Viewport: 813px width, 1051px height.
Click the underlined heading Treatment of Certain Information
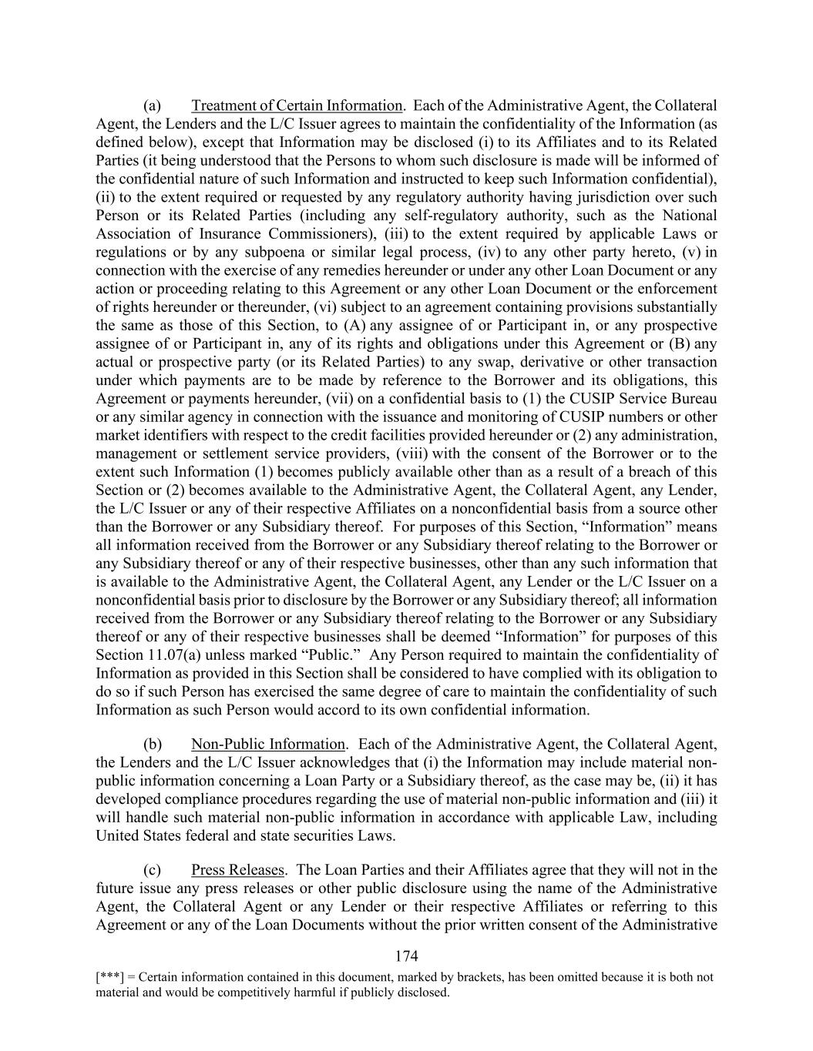coord(297,105)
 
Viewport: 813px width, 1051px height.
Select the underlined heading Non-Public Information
coord(268,744)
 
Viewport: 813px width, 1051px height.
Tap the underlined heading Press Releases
coord(237,870)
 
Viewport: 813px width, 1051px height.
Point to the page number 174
coord(406,956)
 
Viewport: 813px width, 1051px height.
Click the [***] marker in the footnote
coord(107,977)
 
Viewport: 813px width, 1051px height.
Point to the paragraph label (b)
coord(153,744)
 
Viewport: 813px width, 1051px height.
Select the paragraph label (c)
coord(153,870)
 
